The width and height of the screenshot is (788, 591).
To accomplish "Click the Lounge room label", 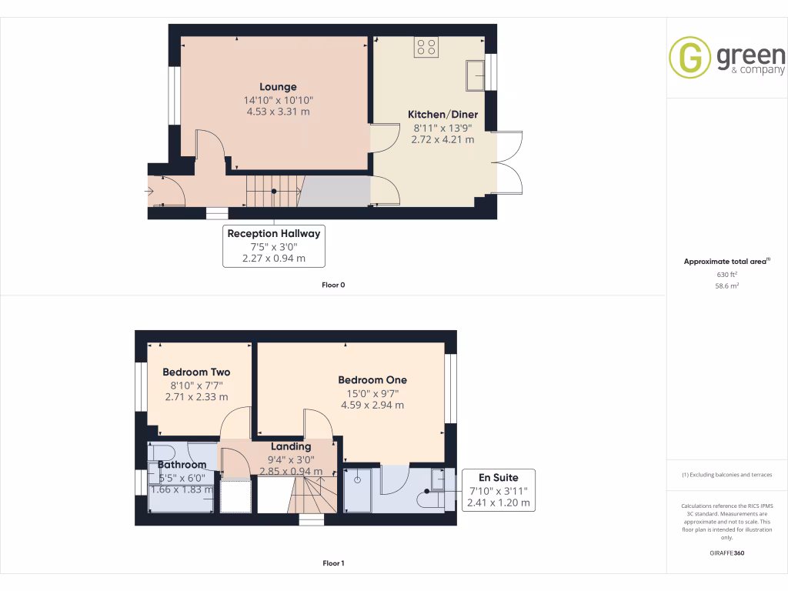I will (x=278, y=87).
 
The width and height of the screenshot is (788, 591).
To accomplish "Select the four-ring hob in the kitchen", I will (x=426, y=47).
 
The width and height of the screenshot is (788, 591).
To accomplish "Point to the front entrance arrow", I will (x=149, y=192).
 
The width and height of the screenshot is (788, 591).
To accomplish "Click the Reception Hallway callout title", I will (x=273, y=233).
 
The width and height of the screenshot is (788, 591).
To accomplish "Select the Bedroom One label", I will (x=372, y=379).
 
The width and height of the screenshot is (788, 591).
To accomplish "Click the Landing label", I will (x=291, y=446).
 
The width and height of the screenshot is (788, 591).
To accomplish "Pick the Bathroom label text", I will (x=182, y=465).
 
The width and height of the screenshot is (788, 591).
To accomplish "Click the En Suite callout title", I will (x=498, y=477).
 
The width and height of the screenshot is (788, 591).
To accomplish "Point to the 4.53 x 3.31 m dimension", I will (x=278, y=112).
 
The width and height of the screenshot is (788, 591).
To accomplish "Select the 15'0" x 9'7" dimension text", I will (x=372, y=393).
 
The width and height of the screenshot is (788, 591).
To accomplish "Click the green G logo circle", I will (x=689, y=58).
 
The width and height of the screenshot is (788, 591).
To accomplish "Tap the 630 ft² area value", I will (x=726, y=274).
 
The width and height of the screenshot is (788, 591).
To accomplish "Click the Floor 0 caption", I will (x=333, y=285).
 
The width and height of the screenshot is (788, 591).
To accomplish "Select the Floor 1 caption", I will (x=333, y=563).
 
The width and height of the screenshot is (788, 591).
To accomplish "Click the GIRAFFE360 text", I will (x=726, y=553).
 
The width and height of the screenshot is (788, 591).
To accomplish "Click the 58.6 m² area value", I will (x=726, y=285).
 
